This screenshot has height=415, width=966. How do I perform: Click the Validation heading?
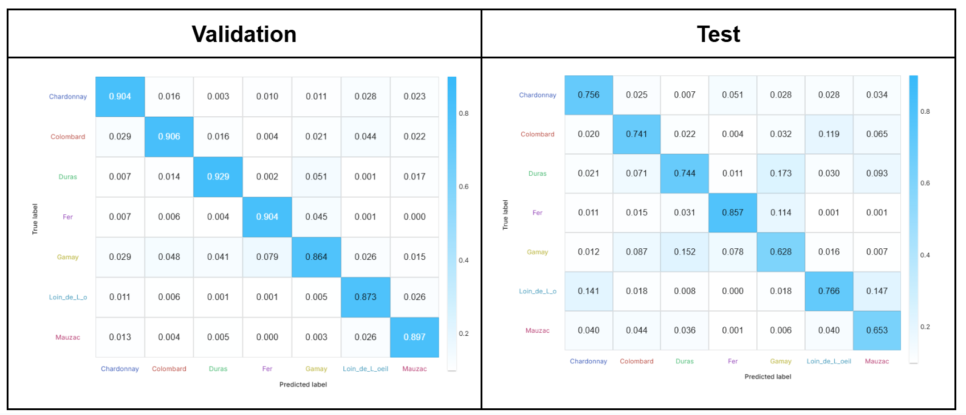click(244, 34)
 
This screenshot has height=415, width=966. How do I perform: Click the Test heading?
click(718, 34)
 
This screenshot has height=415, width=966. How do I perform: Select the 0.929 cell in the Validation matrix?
click(218, 176)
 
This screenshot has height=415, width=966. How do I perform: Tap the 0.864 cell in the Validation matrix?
click(316, 257)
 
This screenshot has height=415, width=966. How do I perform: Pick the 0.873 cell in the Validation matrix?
click(365, 297)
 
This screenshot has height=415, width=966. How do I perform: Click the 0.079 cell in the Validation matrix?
click(267, 257)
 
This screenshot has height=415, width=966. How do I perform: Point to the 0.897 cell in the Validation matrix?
click(414, 337)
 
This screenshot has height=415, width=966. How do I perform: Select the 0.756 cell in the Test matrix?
click(588, 95)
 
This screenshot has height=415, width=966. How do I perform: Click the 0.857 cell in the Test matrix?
click(733, 212)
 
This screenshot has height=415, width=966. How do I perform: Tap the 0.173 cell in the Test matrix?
click(781, 173)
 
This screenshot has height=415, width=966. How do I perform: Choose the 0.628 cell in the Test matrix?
click(781, 252)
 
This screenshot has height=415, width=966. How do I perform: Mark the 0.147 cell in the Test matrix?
click(877, 291)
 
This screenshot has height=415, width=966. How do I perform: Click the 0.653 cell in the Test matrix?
click(877, 330)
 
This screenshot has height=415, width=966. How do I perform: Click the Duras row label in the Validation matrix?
click(68, 177)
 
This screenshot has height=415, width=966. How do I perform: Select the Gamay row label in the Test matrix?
click(537, 252)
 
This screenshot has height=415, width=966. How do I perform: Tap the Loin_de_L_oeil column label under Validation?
click(365, 369)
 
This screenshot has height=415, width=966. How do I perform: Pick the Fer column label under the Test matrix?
click(733, 361)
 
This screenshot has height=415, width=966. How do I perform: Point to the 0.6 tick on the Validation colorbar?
click(464, 187)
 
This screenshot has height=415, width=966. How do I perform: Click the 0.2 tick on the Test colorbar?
click(925, 327)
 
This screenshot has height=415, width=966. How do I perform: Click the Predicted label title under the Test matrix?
click(768, 377)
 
